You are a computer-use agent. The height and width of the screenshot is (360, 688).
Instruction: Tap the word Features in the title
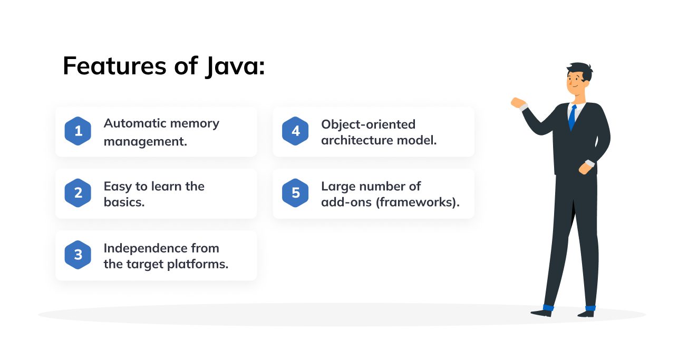pyautogui.click(x=114, y=65)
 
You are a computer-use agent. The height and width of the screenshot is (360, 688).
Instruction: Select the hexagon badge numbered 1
pyautogui.click(x=77, y=131)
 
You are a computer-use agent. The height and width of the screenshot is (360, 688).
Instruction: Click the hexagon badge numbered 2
pyautogui.click(x=77, y=193)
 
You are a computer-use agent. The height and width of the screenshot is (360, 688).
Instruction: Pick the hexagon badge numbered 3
pyautogui.click(x=77, y=255)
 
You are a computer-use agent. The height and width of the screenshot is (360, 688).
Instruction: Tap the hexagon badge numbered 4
pyautogui.click(x=295, y=131)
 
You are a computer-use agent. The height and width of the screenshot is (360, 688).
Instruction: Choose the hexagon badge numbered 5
pyautogui.click(x=295, y=193)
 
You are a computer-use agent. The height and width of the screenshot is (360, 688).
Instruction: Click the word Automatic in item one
pyautogui.click(x=135, y=123)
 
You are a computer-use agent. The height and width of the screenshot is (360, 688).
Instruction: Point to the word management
pyautogui.click(x=146, y=142)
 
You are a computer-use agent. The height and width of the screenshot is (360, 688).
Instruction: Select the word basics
pyautogui.click(x=124, y=202)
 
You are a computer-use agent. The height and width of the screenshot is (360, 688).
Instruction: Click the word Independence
pyautogui.click(x=145, y=248)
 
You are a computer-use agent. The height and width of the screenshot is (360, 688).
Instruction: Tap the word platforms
pyautogui.click(x=198, y=265)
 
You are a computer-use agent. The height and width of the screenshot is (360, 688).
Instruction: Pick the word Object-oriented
pyautogui.click(x=369, y=125)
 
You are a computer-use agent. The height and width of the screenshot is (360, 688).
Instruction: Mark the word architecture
pyautogui.click(x=357, y=140)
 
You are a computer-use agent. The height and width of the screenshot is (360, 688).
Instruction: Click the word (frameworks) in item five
pyautogui.click(x=418, y=202)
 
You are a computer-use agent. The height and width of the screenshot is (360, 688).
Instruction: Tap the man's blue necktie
pyautogui.click(x=572, y=118)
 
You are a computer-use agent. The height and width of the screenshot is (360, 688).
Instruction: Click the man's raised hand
pyautogui.click(x=518, y=103)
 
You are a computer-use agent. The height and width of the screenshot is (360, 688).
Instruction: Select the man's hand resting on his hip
pyautogui.click(x=585, y=168)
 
